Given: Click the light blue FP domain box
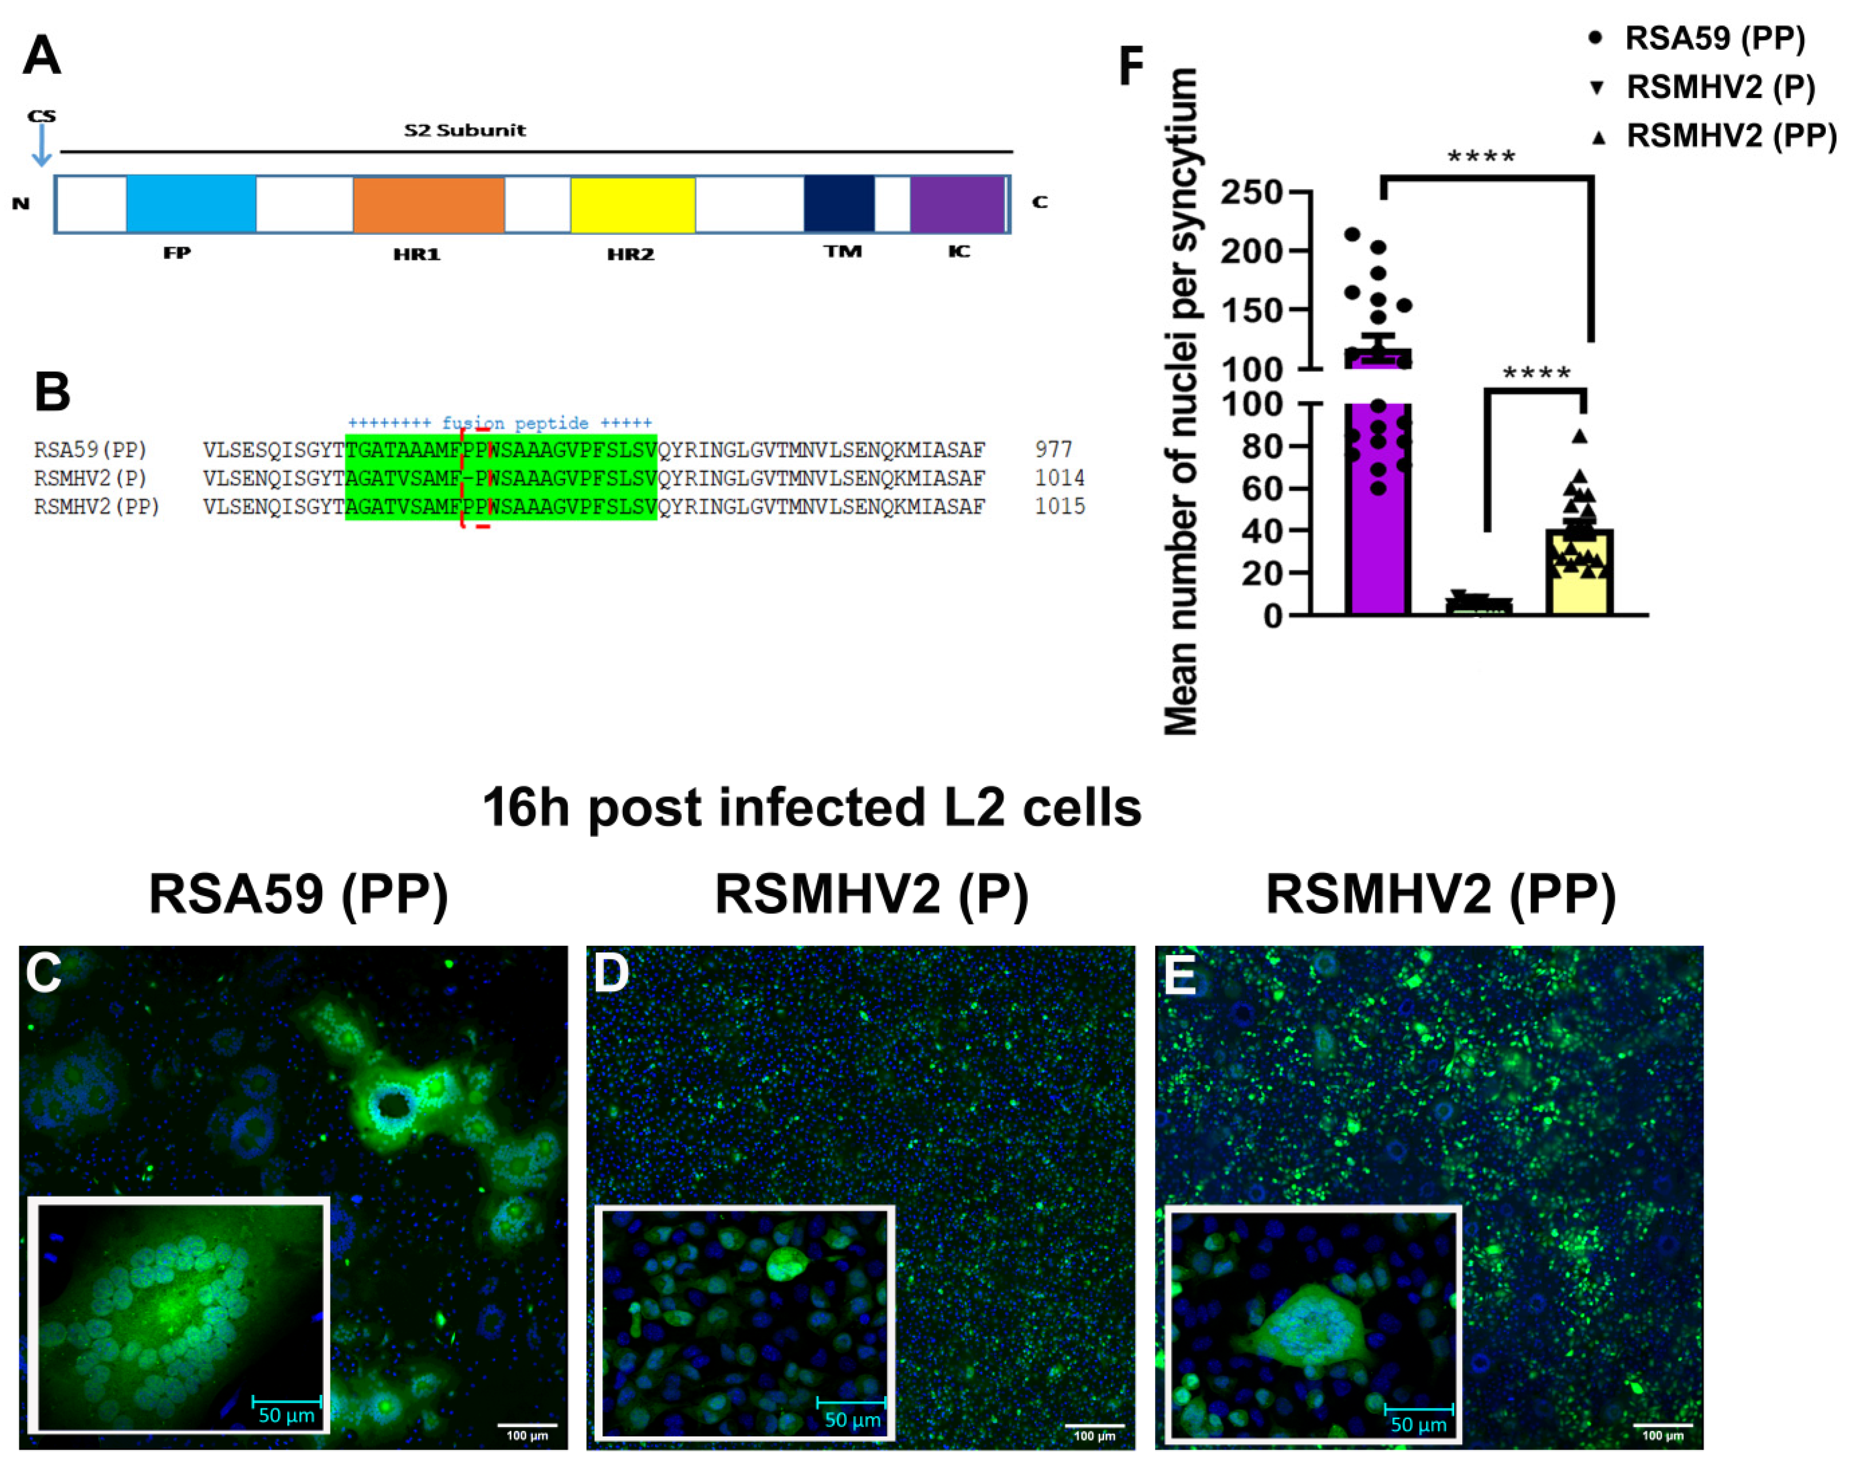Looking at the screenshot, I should point(191,204).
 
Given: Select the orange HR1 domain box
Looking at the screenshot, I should point(428,204).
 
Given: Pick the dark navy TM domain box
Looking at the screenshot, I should point(839,204).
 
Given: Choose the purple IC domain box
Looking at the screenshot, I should point(957,204).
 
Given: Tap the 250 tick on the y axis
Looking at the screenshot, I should point(1251,192).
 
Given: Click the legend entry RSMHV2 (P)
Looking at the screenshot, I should point(1720,87).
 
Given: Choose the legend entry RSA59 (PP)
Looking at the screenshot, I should point(1714,38).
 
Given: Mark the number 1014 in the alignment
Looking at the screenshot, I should point(1059,478).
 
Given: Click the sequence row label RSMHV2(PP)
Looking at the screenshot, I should point(96,506).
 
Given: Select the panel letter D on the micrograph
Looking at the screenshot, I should point(611,974).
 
